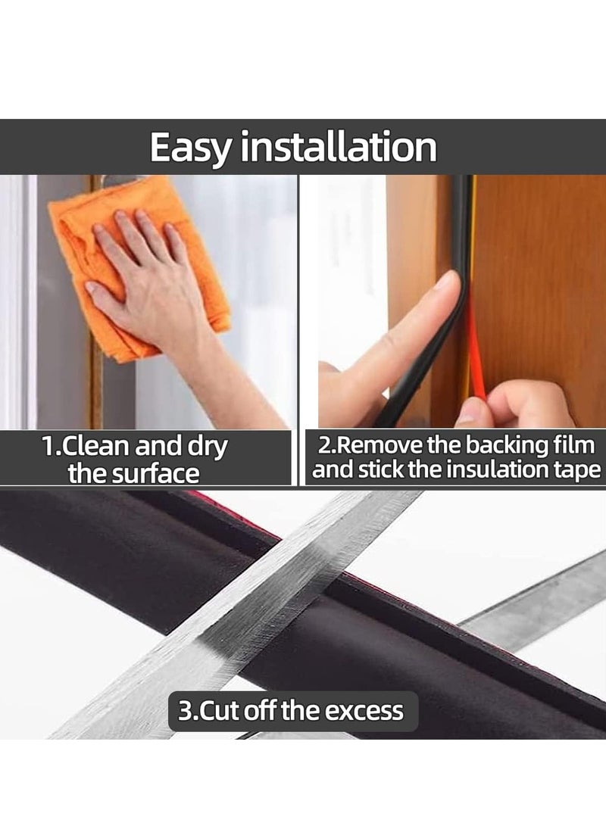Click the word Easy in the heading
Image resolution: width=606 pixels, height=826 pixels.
[189, 148]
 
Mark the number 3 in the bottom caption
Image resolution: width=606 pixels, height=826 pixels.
[185, 712]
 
